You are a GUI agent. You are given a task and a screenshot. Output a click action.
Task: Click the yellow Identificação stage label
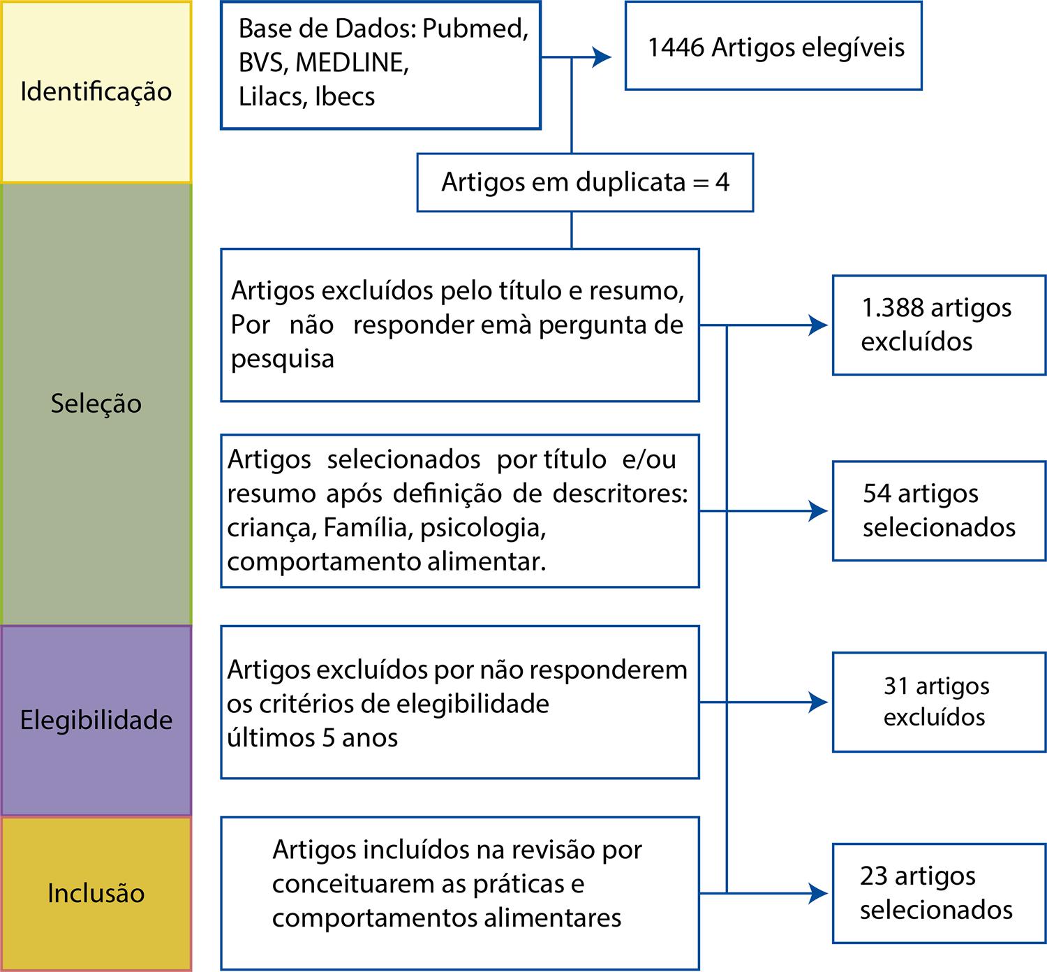pyautogui.click(x=96, y=91)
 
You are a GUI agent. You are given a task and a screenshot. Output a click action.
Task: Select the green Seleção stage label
pyautogui.click(x=96, y=404)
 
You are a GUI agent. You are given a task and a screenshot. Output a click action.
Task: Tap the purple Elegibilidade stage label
pyautogui.click(x=96, y=720)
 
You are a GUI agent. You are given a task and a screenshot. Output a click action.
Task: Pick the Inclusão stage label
pyautogui.click(x=96, y=893)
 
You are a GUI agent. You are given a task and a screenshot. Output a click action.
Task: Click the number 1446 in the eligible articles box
pyautogui.click(x=676, y=47)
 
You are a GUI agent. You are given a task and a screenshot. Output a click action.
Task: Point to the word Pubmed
pyautogui.click(x=475, y=29)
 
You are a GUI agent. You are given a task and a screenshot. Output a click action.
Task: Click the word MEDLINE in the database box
pyautogui.click(x=352, y=63)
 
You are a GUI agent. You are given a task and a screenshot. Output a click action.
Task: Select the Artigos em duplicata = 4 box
pyautogui.click(x=585, y=182)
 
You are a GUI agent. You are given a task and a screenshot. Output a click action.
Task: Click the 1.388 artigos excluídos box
pyautogui.click(x=939, y=325)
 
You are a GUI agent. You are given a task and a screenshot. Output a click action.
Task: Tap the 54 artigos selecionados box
pyautogui.click(x=939, y=510)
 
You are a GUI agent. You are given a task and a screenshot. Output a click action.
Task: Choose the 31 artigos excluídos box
pyautogui.click(x=939, y=702)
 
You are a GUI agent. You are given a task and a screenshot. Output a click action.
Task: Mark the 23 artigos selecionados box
pyautogui.click(x=939, y=893)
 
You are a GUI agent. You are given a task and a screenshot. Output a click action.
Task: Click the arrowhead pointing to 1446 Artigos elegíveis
pyautogui.click(x=602, y=57)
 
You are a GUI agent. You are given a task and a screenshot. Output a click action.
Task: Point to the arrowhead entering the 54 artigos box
pyautogui.click(x=818, y=511)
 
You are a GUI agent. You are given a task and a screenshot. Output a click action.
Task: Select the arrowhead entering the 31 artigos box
pyautogui.click(x=818, y=702)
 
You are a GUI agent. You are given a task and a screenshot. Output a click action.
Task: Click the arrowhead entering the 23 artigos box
pyautogui.click(x=818, y=893)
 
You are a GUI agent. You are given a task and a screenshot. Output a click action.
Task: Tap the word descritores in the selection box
pyautogui.click(x=620, y=494)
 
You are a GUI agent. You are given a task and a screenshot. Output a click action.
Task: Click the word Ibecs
pyautogui.click(x=345, y=96)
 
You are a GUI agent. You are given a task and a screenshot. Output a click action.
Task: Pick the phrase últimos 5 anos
pyautogui.click(x=312, y=737)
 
